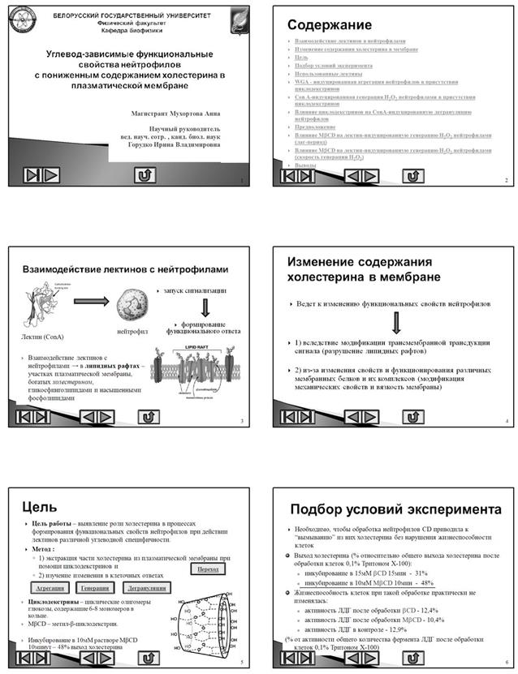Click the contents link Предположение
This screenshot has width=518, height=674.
pos(316,127)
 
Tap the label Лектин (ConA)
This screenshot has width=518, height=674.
pos(41,334)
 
